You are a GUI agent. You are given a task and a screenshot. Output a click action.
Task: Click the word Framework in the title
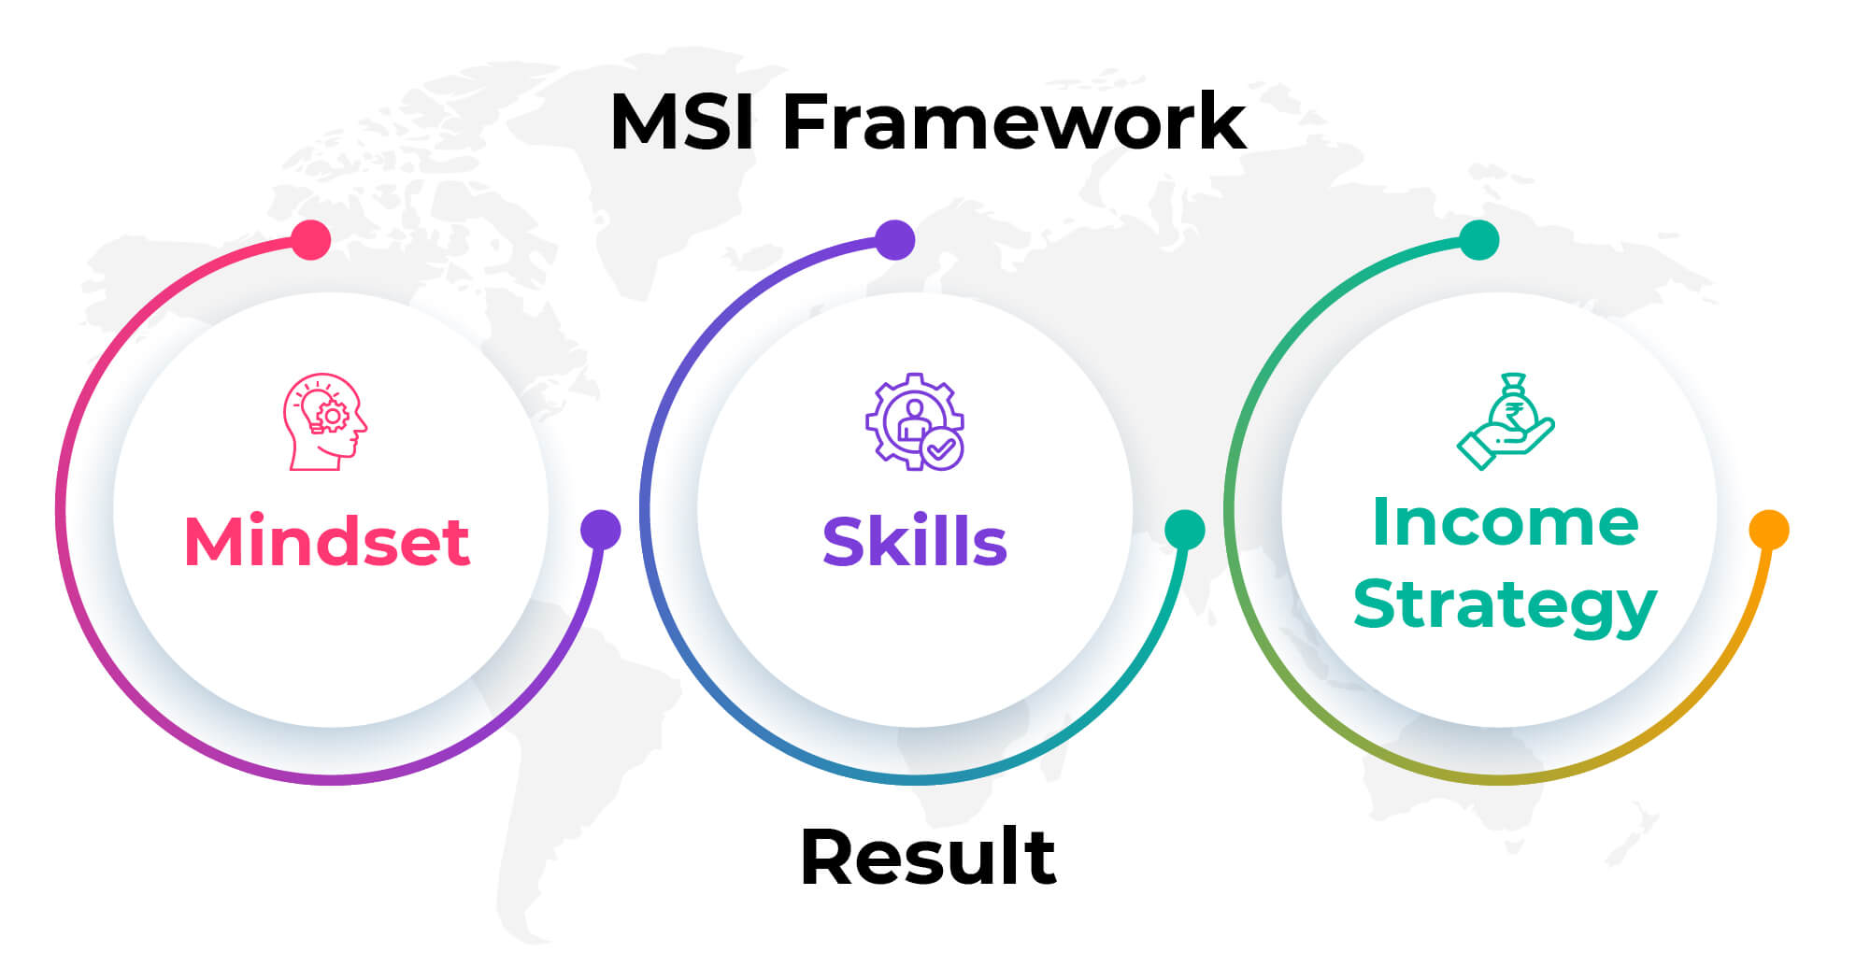coord(1014,121)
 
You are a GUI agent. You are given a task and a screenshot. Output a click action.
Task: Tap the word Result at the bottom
coord(928,857)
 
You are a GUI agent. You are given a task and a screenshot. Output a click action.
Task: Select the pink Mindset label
coord(326,542)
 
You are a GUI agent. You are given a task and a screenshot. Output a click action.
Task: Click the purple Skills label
coord(914,542)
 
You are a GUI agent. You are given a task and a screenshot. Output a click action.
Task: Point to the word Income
coord(1505,522)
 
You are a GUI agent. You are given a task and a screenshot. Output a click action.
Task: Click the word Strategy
coord(1505,605)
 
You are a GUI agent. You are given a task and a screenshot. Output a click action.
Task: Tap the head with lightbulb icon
coord(324,422)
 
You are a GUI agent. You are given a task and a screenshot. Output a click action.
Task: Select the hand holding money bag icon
coord(1505,421)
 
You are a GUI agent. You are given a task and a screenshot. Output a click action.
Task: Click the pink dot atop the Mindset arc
coord(311,240)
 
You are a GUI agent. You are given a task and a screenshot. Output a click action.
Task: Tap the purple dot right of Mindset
coord(600,530)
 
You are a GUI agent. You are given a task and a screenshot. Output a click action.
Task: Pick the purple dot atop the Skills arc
coord(895,240)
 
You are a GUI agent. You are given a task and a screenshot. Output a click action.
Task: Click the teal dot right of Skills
coord(1184,530)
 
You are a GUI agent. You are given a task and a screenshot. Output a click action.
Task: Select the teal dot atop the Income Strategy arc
coord(1479,240)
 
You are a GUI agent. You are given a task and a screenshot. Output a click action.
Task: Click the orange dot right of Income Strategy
coord(1768,530)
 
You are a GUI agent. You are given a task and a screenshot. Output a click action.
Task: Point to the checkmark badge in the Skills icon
coord(942,450)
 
